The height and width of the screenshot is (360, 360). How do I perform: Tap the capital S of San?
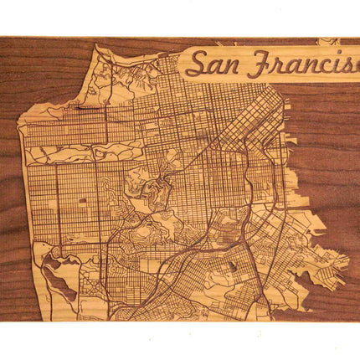click(x=197, y=63)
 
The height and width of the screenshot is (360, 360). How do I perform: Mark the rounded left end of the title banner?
click(x=183, y=64)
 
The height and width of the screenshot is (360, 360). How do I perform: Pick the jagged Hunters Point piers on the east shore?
click(x=331, y=255)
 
